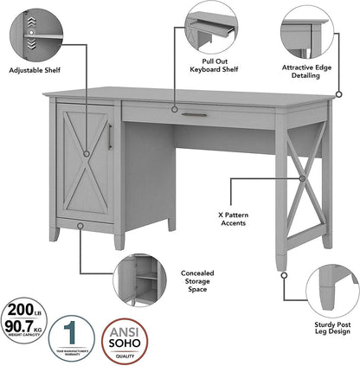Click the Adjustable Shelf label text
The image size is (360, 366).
tap(39, 69)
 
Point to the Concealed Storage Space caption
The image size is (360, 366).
tap(196, 280)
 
